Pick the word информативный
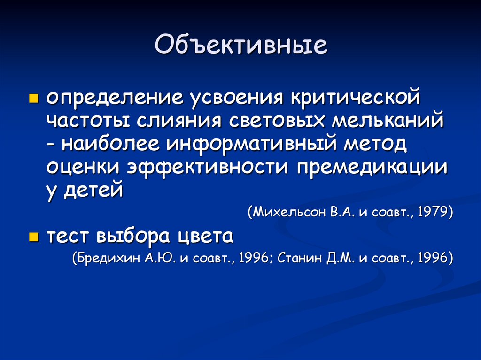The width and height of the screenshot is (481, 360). coord(251,145)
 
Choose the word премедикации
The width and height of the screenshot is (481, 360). coord(371,167)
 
